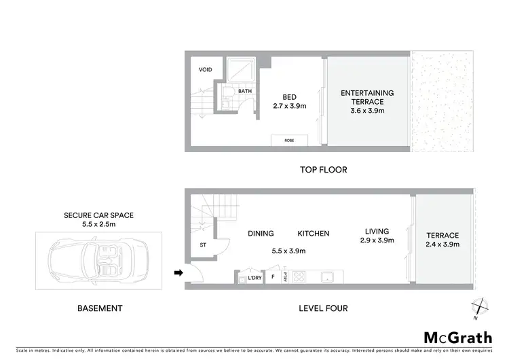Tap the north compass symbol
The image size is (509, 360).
click(480, 307)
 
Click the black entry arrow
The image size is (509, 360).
click(178, 273)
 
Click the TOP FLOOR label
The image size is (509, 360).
click(323, 170)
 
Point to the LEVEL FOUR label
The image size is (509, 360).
click(323, 308)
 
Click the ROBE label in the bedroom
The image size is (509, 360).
click(289, 140)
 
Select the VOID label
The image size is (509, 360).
click(206, 69)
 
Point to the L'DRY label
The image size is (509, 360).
click(255, 278)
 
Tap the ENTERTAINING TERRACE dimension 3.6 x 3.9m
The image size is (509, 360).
click(367, 111)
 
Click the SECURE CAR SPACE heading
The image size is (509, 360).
click(99, 215)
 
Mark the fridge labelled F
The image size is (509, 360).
click(272, 277)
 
